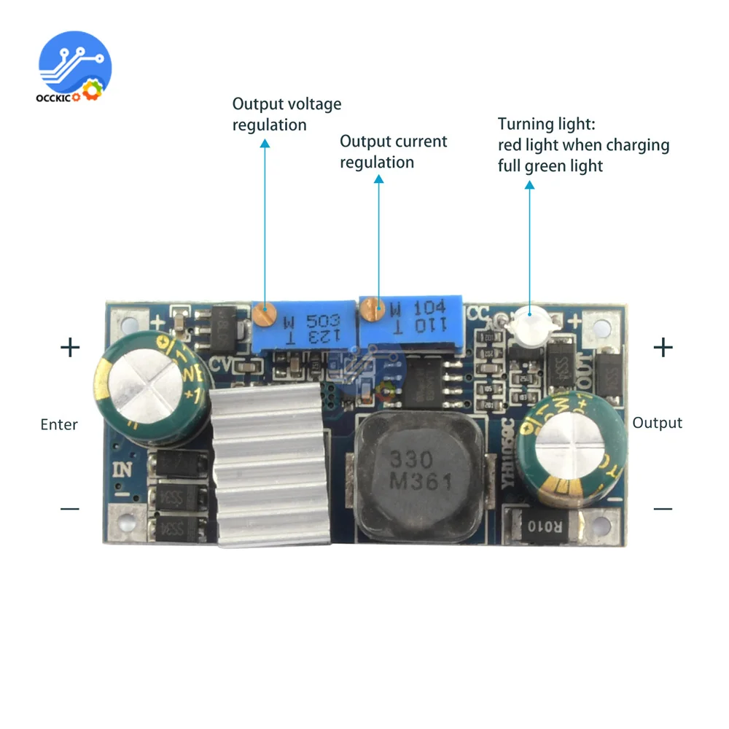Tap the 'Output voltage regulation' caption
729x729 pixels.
(x=286, y=114)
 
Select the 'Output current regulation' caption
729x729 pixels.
(x=394, y=152)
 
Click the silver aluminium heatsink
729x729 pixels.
(x=266, y=467)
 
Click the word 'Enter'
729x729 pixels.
(x=59, y=424)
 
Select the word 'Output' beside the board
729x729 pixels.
(x=657, y=423)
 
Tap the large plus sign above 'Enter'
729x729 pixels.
(x=70, y=347)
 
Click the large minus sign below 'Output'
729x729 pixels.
(x=663, y=508)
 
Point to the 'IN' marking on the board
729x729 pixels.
(x=122, y=469)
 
